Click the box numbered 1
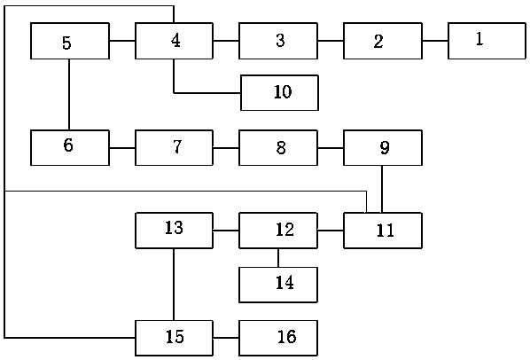click(x=487, y=41)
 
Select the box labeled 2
click(x=383, y=41)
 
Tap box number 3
click(x=278, y=41)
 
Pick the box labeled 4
click(x=174, y=41)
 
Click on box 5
click(x=70, y=41)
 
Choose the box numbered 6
click(x=70, y=148)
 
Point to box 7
click(x=174, y=148)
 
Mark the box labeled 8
click(x=278, y=148)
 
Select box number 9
click(x=383, y=148)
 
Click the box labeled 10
click(x=279, y=92)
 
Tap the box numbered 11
click(x=383, y=231)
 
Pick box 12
click(x=278, y=231)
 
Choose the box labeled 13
click(x=174, y=231)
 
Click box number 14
click(x=278, y=285)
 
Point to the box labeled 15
click(x=174, y=338)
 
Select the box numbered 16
click(x=278, y=338)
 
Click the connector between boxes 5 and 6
click(x=69, y=95)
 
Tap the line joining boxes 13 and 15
click(x=174, y=285)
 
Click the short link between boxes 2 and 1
click(x=435, y=41)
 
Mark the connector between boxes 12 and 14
click(x=278, y=258)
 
